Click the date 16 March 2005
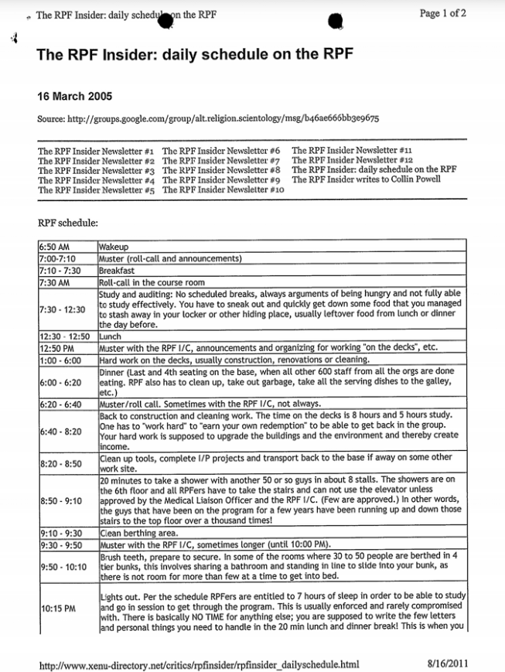74,97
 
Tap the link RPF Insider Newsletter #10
223,189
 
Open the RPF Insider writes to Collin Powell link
366,179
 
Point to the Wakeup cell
114,247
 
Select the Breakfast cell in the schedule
117,271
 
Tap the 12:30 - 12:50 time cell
65,337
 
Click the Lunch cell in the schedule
111,337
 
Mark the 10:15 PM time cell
58,608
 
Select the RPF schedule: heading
68,223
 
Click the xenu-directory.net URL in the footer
199,663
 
